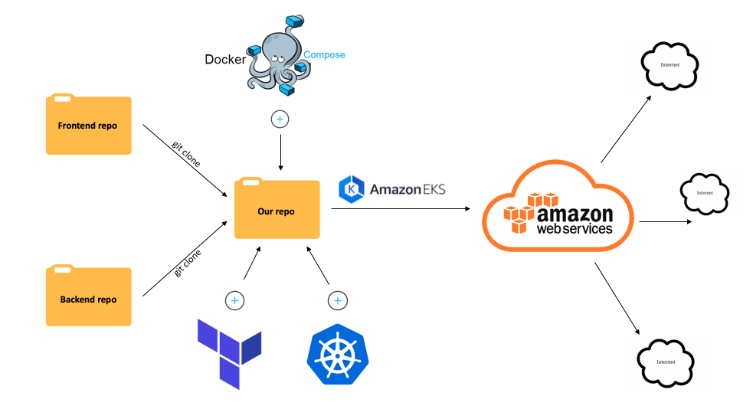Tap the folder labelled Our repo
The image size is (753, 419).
(x=276, y=210)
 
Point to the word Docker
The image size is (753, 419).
(x=224, y=59)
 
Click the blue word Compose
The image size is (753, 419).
(x=324, y=55)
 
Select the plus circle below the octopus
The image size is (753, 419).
(x=280, y=119)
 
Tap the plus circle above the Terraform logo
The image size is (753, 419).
(x=235, y=300)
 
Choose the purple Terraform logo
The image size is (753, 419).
(x=229, y=353)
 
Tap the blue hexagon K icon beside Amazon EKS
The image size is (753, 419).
(x=351, y=188)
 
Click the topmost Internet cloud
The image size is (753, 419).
(x=669, y=64)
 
